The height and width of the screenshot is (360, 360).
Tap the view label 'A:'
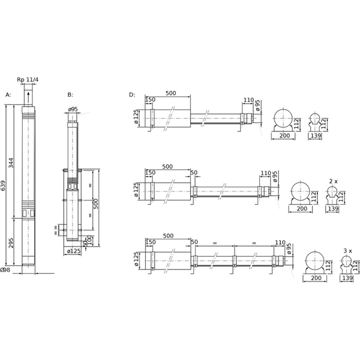point(8,95)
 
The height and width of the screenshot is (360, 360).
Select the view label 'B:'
point(70,95)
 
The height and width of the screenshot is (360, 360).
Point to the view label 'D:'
point(131,95)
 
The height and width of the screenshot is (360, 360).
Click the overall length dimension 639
point(5,187)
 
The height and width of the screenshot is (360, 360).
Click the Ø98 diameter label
point(6,270)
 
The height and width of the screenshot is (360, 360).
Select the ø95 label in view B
point(73,109)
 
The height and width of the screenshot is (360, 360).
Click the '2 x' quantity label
point(333,180)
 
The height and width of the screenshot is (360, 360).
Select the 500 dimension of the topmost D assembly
point(170,93)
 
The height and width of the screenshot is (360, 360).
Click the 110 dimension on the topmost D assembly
point(248,100)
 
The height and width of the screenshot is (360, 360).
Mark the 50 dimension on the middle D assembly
point(194,173)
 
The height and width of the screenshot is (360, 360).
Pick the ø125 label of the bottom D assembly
point(136,259)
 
